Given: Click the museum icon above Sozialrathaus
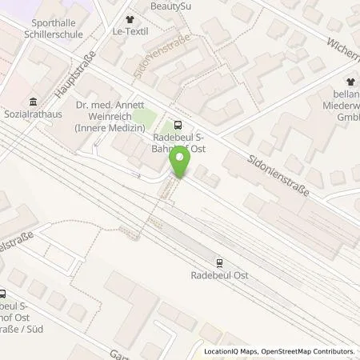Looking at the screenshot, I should [x=32, y=102].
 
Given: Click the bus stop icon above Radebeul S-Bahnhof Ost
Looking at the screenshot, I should [x=177, y=124].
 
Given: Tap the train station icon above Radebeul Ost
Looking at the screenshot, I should [x=218, y=262].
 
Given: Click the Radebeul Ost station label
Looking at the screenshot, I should [x=218, y=274].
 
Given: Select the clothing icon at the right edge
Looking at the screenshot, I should [x=350, y=82].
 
